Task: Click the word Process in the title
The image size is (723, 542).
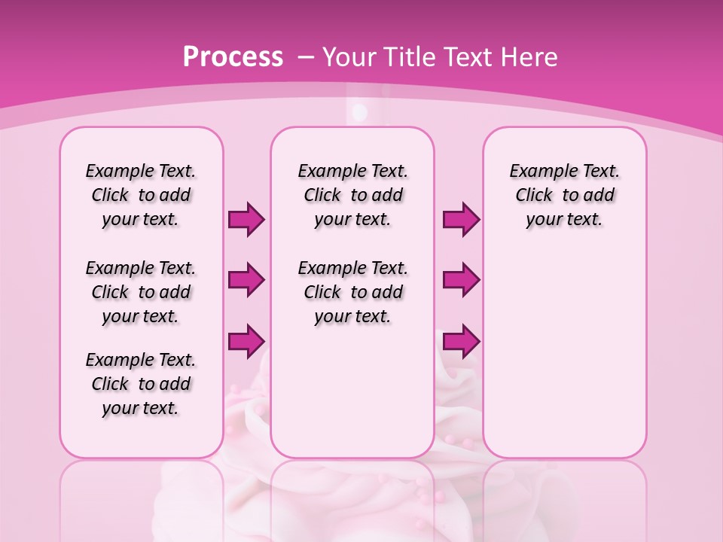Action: (x=233, y=57)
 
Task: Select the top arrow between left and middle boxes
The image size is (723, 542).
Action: (x=246, y=219)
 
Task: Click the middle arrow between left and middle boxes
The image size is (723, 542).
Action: (x=246, y=280)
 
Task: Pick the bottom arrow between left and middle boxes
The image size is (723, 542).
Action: (x=246, y=341)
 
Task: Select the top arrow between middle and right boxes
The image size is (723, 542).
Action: (x=461, y=219)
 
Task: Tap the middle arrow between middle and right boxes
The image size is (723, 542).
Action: (x=461, y=280)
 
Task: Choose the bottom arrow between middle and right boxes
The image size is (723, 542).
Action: (x=461, y=341)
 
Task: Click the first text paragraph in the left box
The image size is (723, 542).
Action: (x=141, y=195)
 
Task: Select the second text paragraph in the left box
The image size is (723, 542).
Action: (x=141, y=292)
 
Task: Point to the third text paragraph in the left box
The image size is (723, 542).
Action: (x=141, y=384)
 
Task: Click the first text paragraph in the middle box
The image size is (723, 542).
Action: (x=353, y=195)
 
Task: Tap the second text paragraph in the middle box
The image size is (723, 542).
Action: (x=353, y=292)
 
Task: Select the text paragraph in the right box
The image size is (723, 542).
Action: (x=565, y=195)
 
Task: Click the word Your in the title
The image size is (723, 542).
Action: (x=350, y=57)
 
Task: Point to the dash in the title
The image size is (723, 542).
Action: (x=306, y=57)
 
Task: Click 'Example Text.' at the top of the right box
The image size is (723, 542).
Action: (x=565, y=171)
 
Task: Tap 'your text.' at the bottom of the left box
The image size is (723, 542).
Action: (x=141, y=408)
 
